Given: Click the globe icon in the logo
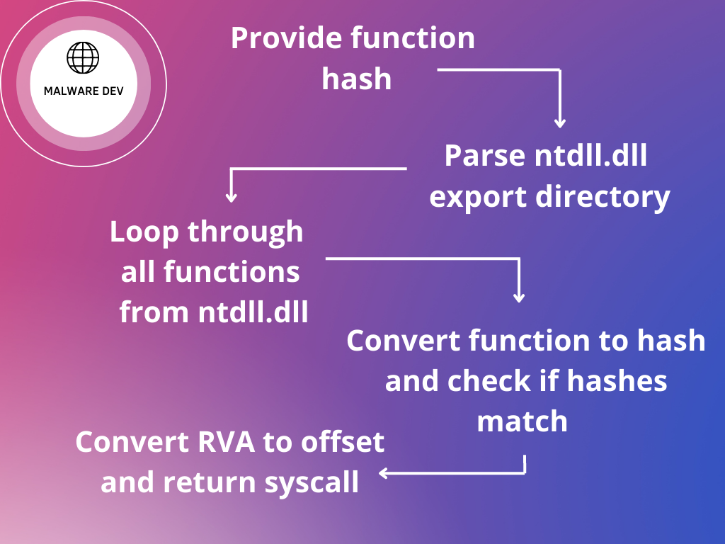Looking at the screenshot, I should (84, 57).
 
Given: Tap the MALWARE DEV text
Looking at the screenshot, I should (84, 91).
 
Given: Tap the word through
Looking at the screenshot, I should (245, 232).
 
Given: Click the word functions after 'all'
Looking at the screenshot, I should (230, 272).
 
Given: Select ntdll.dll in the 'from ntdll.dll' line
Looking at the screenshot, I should (253, 312).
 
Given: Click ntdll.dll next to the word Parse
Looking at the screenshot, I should (591, 156).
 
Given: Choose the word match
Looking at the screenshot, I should (523, 421).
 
